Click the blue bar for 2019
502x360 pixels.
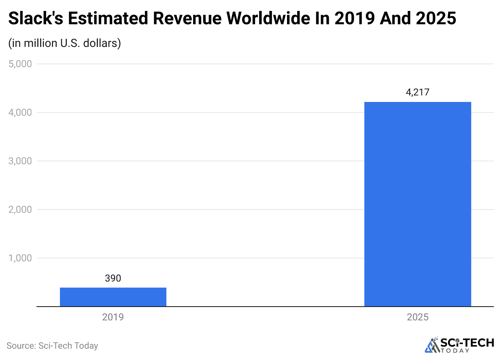(113, 297)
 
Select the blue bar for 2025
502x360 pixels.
(417, 204)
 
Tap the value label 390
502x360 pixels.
(113, 278)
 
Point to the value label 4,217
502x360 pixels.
(417, 93)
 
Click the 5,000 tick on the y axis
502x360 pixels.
(20, 64)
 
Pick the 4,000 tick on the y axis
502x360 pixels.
(20, 112)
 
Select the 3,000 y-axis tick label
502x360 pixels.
(20, 161)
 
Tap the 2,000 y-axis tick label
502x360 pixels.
(20, 210)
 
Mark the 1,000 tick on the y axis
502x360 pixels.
(20, 258)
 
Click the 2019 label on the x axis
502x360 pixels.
(113, 317)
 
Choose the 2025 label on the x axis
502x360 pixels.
(417, 317)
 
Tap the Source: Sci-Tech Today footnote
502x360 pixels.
(52, 346)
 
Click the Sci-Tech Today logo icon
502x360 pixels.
(432, 345)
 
